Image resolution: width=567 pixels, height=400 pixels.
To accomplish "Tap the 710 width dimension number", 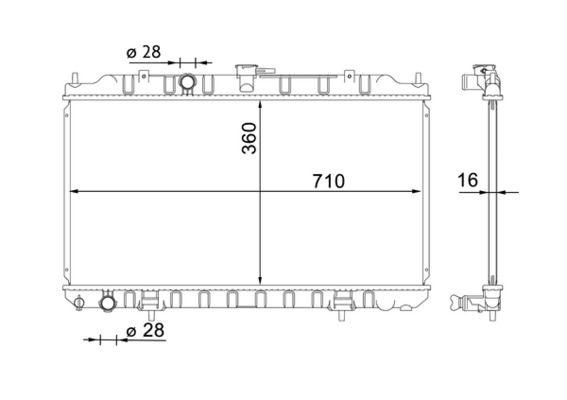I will [327, 181].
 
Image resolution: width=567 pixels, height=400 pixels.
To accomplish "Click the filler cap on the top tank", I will [244, 72].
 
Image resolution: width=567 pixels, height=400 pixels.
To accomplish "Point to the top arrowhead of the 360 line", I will [261, 103].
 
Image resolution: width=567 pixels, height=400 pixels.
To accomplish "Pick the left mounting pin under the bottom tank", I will [147, 312].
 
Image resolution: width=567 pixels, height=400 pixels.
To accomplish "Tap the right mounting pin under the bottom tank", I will [343, 312].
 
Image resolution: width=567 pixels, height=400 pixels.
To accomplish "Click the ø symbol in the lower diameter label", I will [132, 331].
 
